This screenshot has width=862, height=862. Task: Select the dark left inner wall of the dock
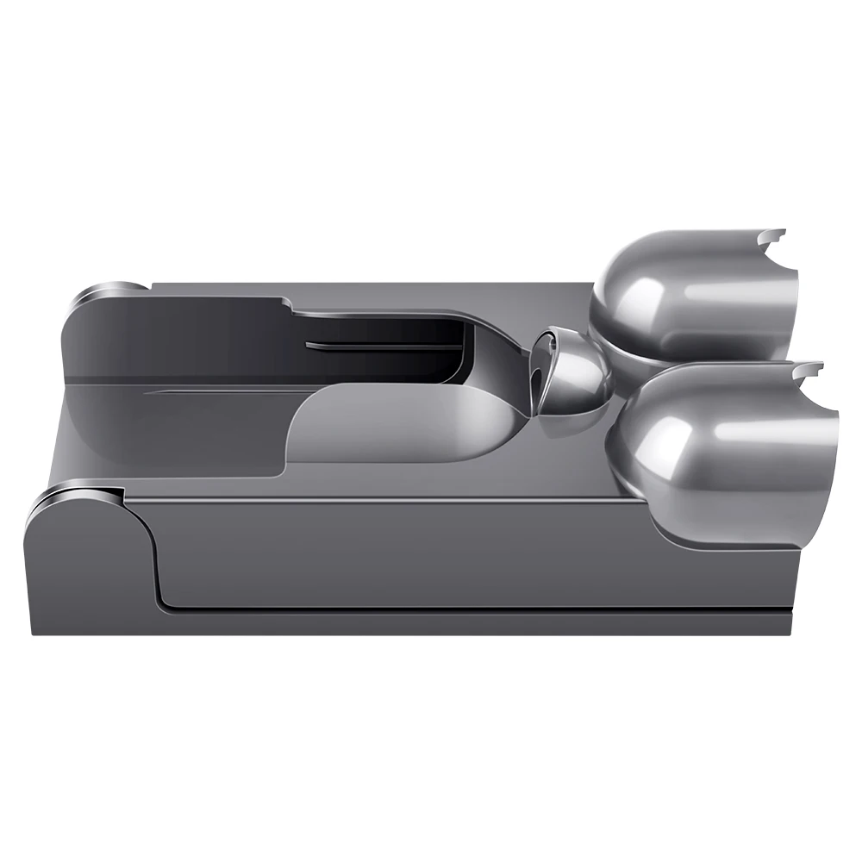tap(172, 345)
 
